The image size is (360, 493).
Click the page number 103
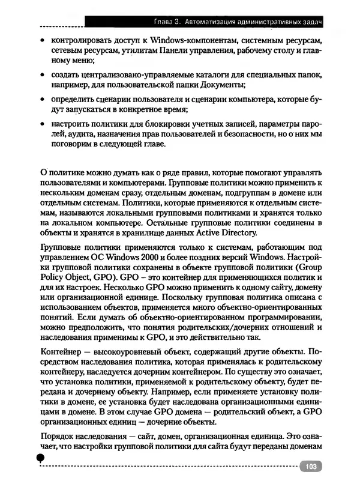point(310,467)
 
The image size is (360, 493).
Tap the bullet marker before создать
point(40,75)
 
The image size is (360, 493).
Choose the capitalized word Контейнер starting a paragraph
point(61,350)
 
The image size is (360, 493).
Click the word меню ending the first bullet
point(65,63)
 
